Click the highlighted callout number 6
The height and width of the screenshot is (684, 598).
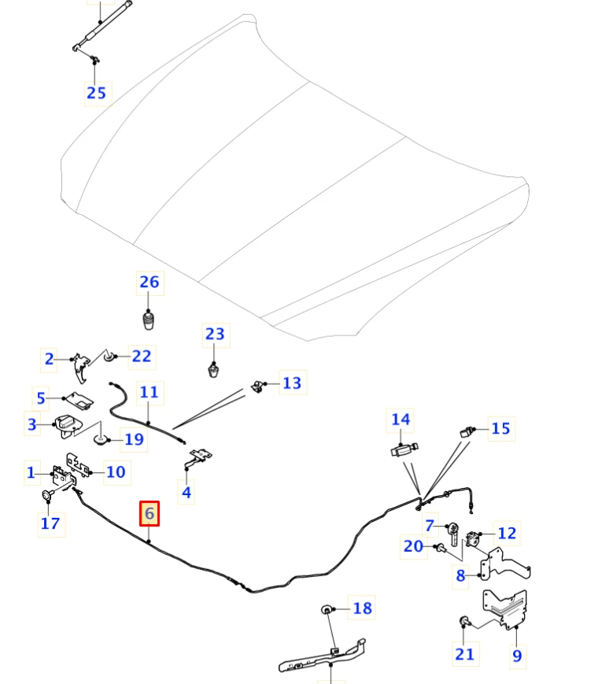(149, 513)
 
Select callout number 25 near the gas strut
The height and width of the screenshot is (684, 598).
(97, 93)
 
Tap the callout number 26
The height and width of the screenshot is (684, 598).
(149, 283)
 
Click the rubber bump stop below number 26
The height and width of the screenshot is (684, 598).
(148, 320)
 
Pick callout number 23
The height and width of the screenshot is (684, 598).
(215, 335)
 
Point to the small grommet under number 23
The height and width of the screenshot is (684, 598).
(213, 371)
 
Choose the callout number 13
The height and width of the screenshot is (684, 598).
(292, 383)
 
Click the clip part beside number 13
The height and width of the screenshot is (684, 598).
(258, 386)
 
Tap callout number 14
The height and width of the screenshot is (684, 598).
(401, 420)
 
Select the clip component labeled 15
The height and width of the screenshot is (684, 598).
(467, 432)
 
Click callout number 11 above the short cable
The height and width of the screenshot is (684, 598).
(149, 392)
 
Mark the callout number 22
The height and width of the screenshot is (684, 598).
(142, 357)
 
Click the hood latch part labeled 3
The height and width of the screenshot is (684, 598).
(68, 426)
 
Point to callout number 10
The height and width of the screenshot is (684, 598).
(116, 472)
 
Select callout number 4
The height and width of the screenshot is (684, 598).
(186, 493)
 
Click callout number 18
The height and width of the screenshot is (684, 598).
(363, 608)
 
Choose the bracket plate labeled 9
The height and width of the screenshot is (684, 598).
(506, 609)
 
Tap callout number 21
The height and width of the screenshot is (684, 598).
(464, 654)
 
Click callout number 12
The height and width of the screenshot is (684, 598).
(507, 533)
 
